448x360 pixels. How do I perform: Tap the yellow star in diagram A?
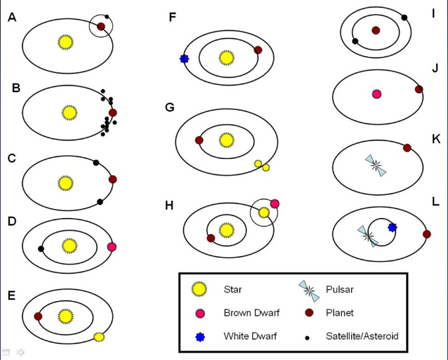[64, 42]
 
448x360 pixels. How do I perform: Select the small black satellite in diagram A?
[107, 17]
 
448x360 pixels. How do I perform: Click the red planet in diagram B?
[113, 113]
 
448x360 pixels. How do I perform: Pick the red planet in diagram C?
[112, 179]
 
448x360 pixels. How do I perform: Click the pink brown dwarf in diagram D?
[112, 247]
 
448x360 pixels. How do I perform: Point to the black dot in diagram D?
[41, 249]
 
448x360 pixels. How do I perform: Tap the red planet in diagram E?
[38, 317]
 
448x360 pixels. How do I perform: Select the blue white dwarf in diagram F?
[184, 59]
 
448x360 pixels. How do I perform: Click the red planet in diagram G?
[199, 140]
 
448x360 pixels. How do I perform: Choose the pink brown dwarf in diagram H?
[275, 204]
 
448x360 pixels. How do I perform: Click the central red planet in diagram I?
[376, 30]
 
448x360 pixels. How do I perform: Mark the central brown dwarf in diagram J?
[376, 94]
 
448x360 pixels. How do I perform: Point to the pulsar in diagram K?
[376, 165]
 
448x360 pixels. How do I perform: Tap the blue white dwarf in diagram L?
[392, 227]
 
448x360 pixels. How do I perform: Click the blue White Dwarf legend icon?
[200, 336]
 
